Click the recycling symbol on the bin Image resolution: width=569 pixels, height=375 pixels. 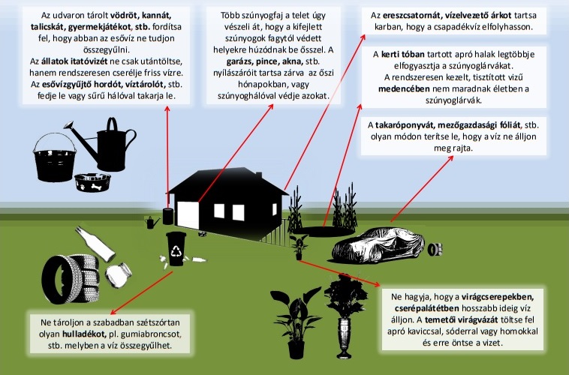click(176, 250)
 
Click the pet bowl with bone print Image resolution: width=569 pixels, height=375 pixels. click(92, 182)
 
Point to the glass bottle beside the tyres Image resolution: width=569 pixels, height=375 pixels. click(95, 244)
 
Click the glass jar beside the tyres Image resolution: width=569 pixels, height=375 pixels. click(119, 275)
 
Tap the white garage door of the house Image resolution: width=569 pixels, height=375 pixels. click(188, 214)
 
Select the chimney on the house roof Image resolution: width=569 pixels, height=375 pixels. click(258, 175)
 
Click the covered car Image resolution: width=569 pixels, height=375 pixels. click(378, 244)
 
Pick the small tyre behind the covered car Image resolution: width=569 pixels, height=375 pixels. click(435, 250)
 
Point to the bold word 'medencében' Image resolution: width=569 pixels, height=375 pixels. click(404, 88)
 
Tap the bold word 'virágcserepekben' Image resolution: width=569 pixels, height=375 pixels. click(498, 297)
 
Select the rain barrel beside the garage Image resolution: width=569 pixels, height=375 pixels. click(168, 216)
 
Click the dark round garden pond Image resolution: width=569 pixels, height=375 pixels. click(323, 232)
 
